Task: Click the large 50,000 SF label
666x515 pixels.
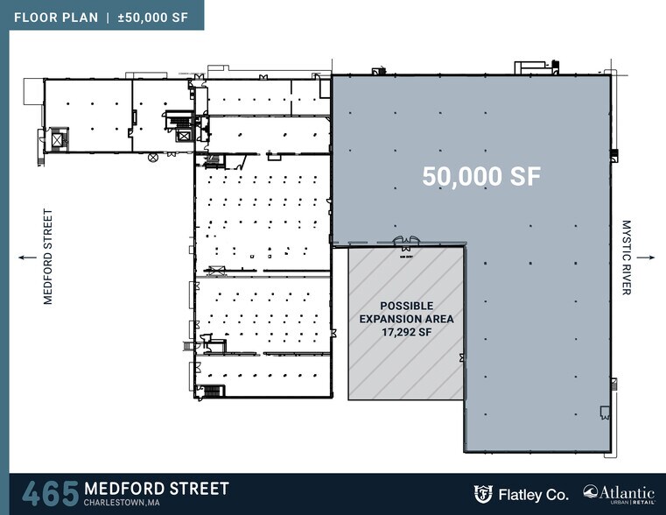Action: pos(481,176)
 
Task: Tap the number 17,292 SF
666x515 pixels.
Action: pos(406,333)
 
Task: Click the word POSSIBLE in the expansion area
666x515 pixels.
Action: pos(406,305)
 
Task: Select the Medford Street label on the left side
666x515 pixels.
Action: pos(48,256)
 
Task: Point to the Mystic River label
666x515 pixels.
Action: pos(626,257)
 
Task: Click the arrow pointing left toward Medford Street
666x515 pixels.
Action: pos(26,257)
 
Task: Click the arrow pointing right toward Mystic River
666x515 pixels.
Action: pos(646,257)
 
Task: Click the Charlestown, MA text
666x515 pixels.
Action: pos(122,503)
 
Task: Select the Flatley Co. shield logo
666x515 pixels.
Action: pos(482,493)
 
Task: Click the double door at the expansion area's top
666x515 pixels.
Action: pos(405,242)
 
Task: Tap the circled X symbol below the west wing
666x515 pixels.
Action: pos(153,158)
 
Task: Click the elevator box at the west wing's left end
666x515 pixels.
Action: pos(59,139)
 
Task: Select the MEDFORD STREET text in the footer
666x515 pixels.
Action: pos(157,488)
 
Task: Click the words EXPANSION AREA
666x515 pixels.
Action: pos(406,319)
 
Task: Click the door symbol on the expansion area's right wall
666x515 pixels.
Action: pos(461,357)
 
